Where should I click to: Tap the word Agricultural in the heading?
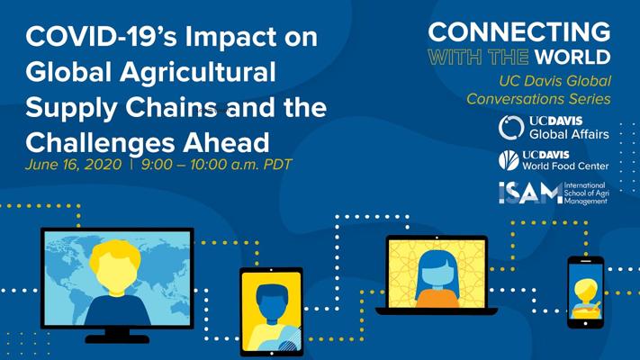(x=198, y=72)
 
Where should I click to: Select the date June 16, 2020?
(x=74, y=165)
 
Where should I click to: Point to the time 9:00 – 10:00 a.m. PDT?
(x=216, y=165)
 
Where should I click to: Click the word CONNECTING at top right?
(x=519, y=31)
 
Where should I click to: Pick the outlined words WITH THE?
(x=478, y=57)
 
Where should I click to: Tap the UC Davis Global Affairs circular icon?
(x=511, y=127)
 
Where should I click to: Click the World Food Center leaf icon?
(x=509, y=160)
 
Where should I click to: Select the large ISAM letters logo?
(x=530, y=193)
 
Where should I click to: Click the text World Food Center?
(x=565, y=166)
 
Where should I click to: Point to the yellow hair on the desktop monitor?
(x=115, y=255)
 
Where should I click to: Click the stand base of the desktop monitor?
(x=117, y=338)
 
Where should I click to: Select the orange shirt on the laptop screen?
(x=437, y=298)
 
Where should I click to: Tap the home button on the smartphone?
(x=585, y=324)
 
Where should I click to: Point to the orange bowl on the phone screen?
(x=585, y=312)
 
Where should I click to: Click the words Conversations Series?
(x=538, y=99)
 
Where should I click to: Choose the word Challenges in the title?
(x=101, y=143)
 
